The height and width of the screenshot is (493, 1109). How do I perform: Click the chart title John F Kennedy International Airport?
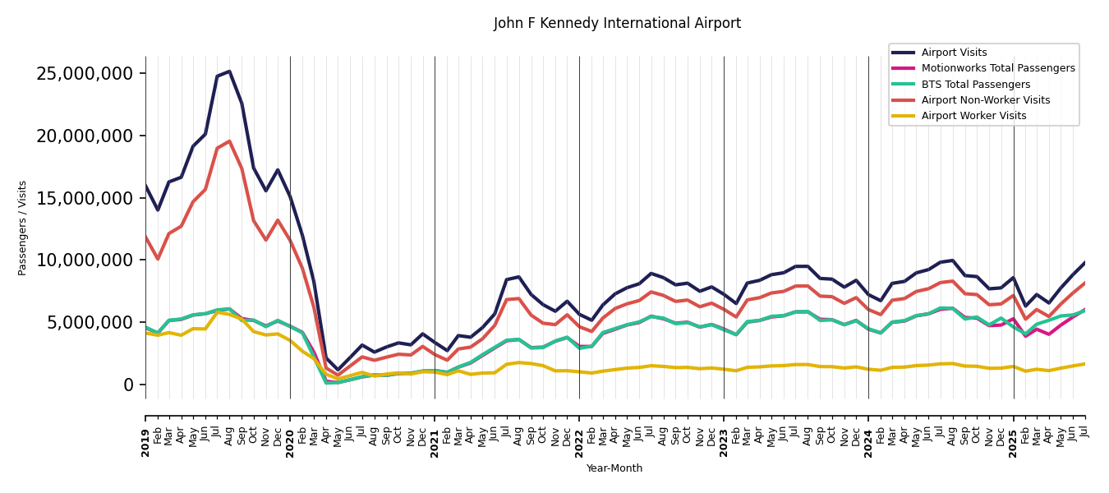(617, 24)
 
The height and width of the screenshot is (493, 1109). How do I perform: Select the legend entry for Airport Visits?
(954, 53)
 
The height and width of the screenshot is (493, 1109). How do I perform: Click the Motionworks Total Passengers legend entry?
(997, 68)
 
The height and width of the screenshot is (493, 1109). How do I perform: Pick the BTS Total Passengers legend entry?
(975, 85)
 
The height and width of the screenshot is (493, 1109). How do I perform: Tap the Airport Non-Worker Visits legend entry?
(985, 100)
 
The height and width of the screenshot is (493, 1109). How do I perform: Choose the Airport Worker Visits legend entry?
(973, 116)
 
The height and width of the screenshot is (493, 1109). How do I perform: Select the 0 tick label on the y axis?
(127, 385)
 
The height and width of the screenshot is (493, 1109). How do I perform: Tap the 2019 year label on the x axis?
(146, 443)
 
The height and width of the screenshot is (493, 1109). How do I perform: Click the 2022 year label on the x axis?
(579, 443)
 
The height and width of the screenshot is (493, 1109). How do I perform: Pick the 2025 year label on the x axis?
(1013, 443)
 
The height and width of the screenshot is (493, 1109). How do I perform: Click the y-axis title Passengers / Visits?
(23, 228)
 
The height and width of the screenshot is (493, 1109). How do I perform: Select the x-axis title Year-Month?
(614, 468)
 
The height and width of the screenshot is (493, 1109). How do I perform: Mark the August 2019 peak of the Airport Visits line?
(229, 71)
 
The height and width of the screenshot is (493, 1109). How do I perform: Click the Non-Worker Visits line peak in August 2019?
(229, 141)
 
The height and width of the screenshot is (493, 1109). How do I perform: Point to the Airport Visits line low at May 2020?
(338, 371)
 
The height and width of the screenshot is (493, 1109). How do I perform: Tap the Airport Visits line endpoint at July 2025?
(1084, 263)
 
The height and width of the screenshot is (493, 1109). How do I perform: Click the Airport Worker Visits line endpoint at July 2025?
(1084, 364)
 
